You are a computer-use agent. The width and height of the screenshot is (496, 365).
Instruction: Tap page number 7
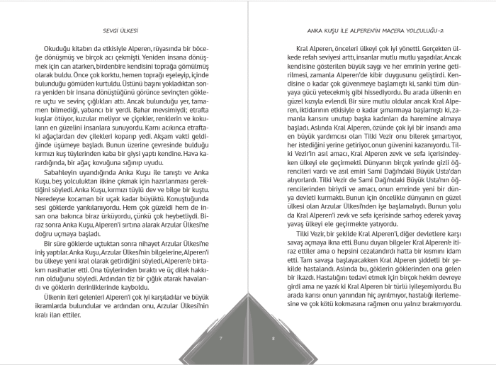(x=220, y=339)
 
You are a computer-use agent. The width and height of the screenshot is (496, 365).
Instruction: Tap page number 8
(x=273, y=339)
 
